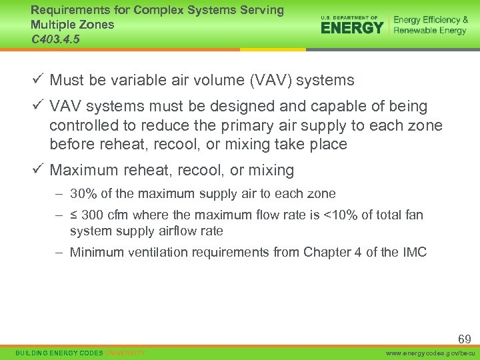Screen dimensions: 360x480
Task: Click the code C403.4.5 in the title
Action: (56, 39)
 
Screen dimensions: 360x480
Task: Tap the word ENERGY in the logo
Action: (352, 27)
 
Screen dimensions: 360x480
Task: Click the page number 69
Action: (464, 339)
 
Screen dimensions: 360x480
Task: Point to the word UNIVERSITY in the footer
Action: (125, 353)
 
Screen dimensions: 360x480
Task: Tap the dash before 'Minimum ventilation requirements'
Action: (59, 252)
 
